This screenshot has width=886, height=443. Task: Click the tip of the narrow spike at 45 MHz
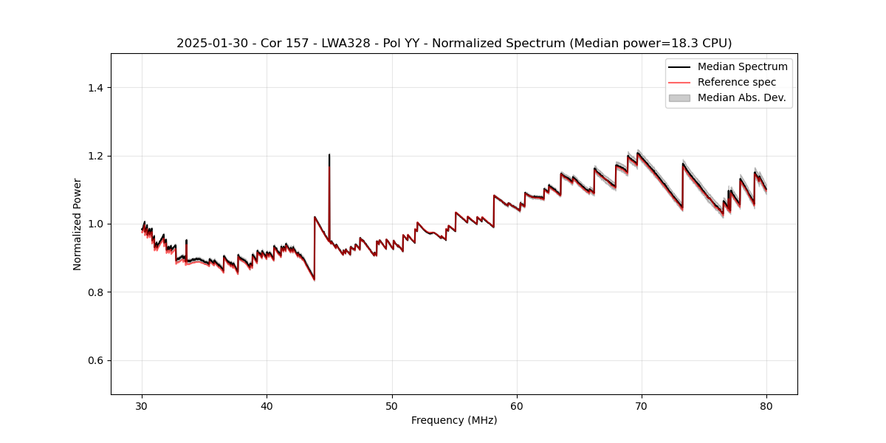tap(329, 155)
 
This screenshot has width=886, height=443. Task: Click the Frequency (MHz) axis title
tap(454, 420)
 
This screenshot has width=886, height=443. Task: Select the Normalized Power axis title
tap(78, 224)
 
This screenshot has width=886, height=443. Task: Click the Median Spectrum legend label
tap(742, 66)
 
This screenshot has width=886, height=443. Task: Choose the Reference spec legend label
tap(737, 82)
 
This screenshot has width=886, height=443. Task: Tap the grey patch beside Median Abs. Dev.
tap(679, 97)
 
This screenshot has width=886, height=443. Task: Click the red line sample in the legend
tap(679, 82)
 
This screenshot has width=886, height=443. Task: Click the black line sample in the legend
tap(679, 66)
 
